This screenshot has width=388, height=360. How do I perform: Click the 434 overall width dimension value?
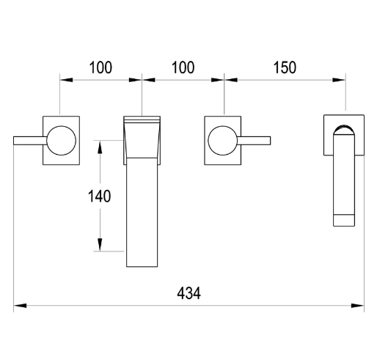(188, 293)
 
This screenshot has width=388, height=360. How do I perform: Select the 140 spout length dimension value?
(100, 196)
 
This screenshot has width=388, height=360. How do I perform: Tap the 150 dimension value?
(285, 67)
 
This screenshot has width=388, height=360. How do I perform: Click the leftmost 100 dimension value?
(100, 67)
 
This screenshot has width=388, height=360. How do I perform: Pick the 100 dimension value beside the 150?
(183, 67)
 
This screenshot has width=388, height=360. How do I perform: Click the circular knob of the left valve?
(61, 141)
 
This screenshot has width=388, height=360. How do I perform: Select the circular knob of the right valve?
(223, 141)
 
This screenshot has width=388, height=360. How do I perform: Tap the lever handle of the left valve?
(30, 141)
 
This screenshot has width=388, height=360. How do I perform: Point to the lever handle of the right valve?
(254, 141)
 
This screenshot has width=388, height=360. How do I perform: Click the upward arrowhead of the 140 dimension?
(100, 147)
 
